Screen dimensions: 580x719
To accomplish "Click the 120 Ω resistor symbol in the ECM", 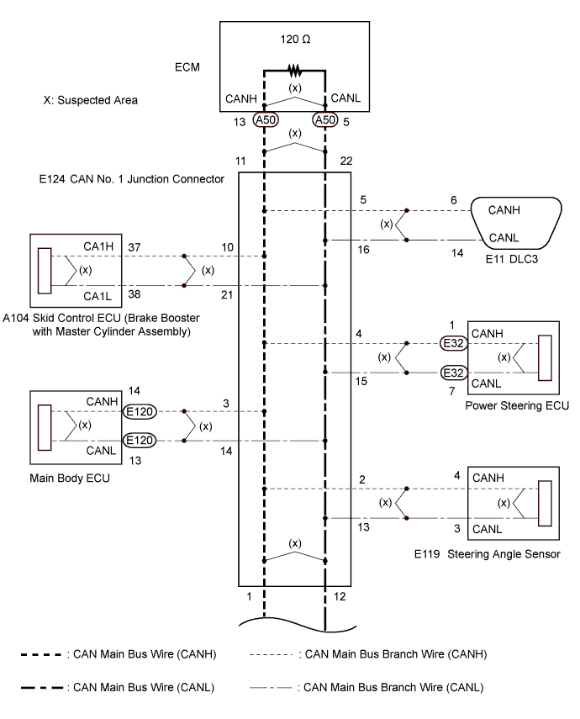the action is click(x=294, y=71).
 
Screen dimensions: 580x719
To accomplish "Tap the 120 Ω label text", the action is click(x=295, y=40).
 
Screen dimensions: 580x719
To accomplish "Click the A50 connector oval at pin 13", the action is click(x=266, y=120).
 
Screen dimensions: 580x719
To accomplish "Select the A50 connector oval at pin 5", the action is click(x=325, y=120).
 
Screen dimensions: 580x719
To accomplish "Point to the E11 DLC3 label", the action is click(x=512, y=259).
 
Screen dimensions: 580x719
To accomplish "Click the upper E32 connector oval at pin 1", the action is click(x=453, y=343).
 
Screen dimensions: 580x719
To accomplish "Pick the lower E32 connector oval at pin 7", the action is click(x=453, y=373).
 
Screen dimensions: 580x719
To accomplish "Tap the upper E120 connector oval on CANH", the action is click(x=140, y=412).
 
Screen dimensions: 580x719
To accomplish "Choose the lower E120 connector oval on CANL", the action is click(x=140, y=441).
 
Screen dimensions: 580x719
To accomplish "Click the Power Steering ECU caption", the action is click(x=517, y=406).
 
